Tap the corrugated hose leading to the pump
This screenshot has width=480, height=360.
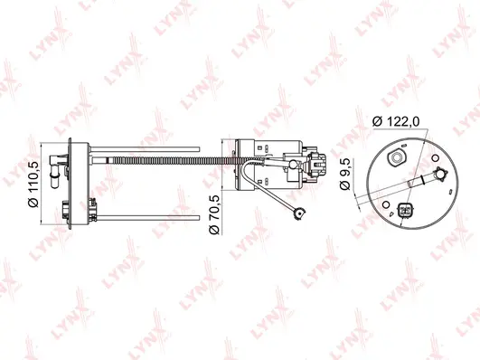[x=172, y=159]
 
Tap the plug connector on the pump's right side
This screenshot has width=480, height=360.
[x=315, y=163]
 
